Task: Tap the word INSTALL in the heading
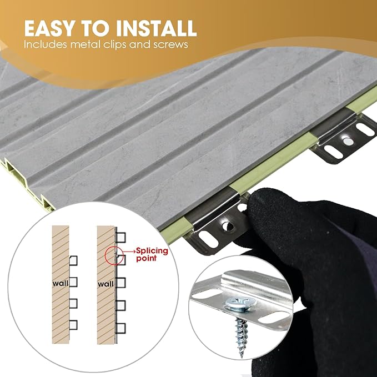[x=156, y=28]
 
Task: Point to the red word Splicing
[x=152, y=252]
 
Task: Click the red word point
[x=146, y=259]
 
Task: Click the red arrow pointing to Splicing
[x=129, y=252]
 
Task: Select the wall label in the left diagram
[x=61, y=284]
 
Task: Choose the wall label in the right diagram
[x=105, y=284]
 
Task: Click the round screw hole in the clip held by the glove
[x=228, y=226]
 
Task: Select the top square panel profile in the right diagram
[x=121, y=238]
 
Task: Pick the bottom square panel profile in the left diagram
[x=73, y=325]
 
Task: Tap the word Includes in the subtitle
[x=45, y=44]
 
